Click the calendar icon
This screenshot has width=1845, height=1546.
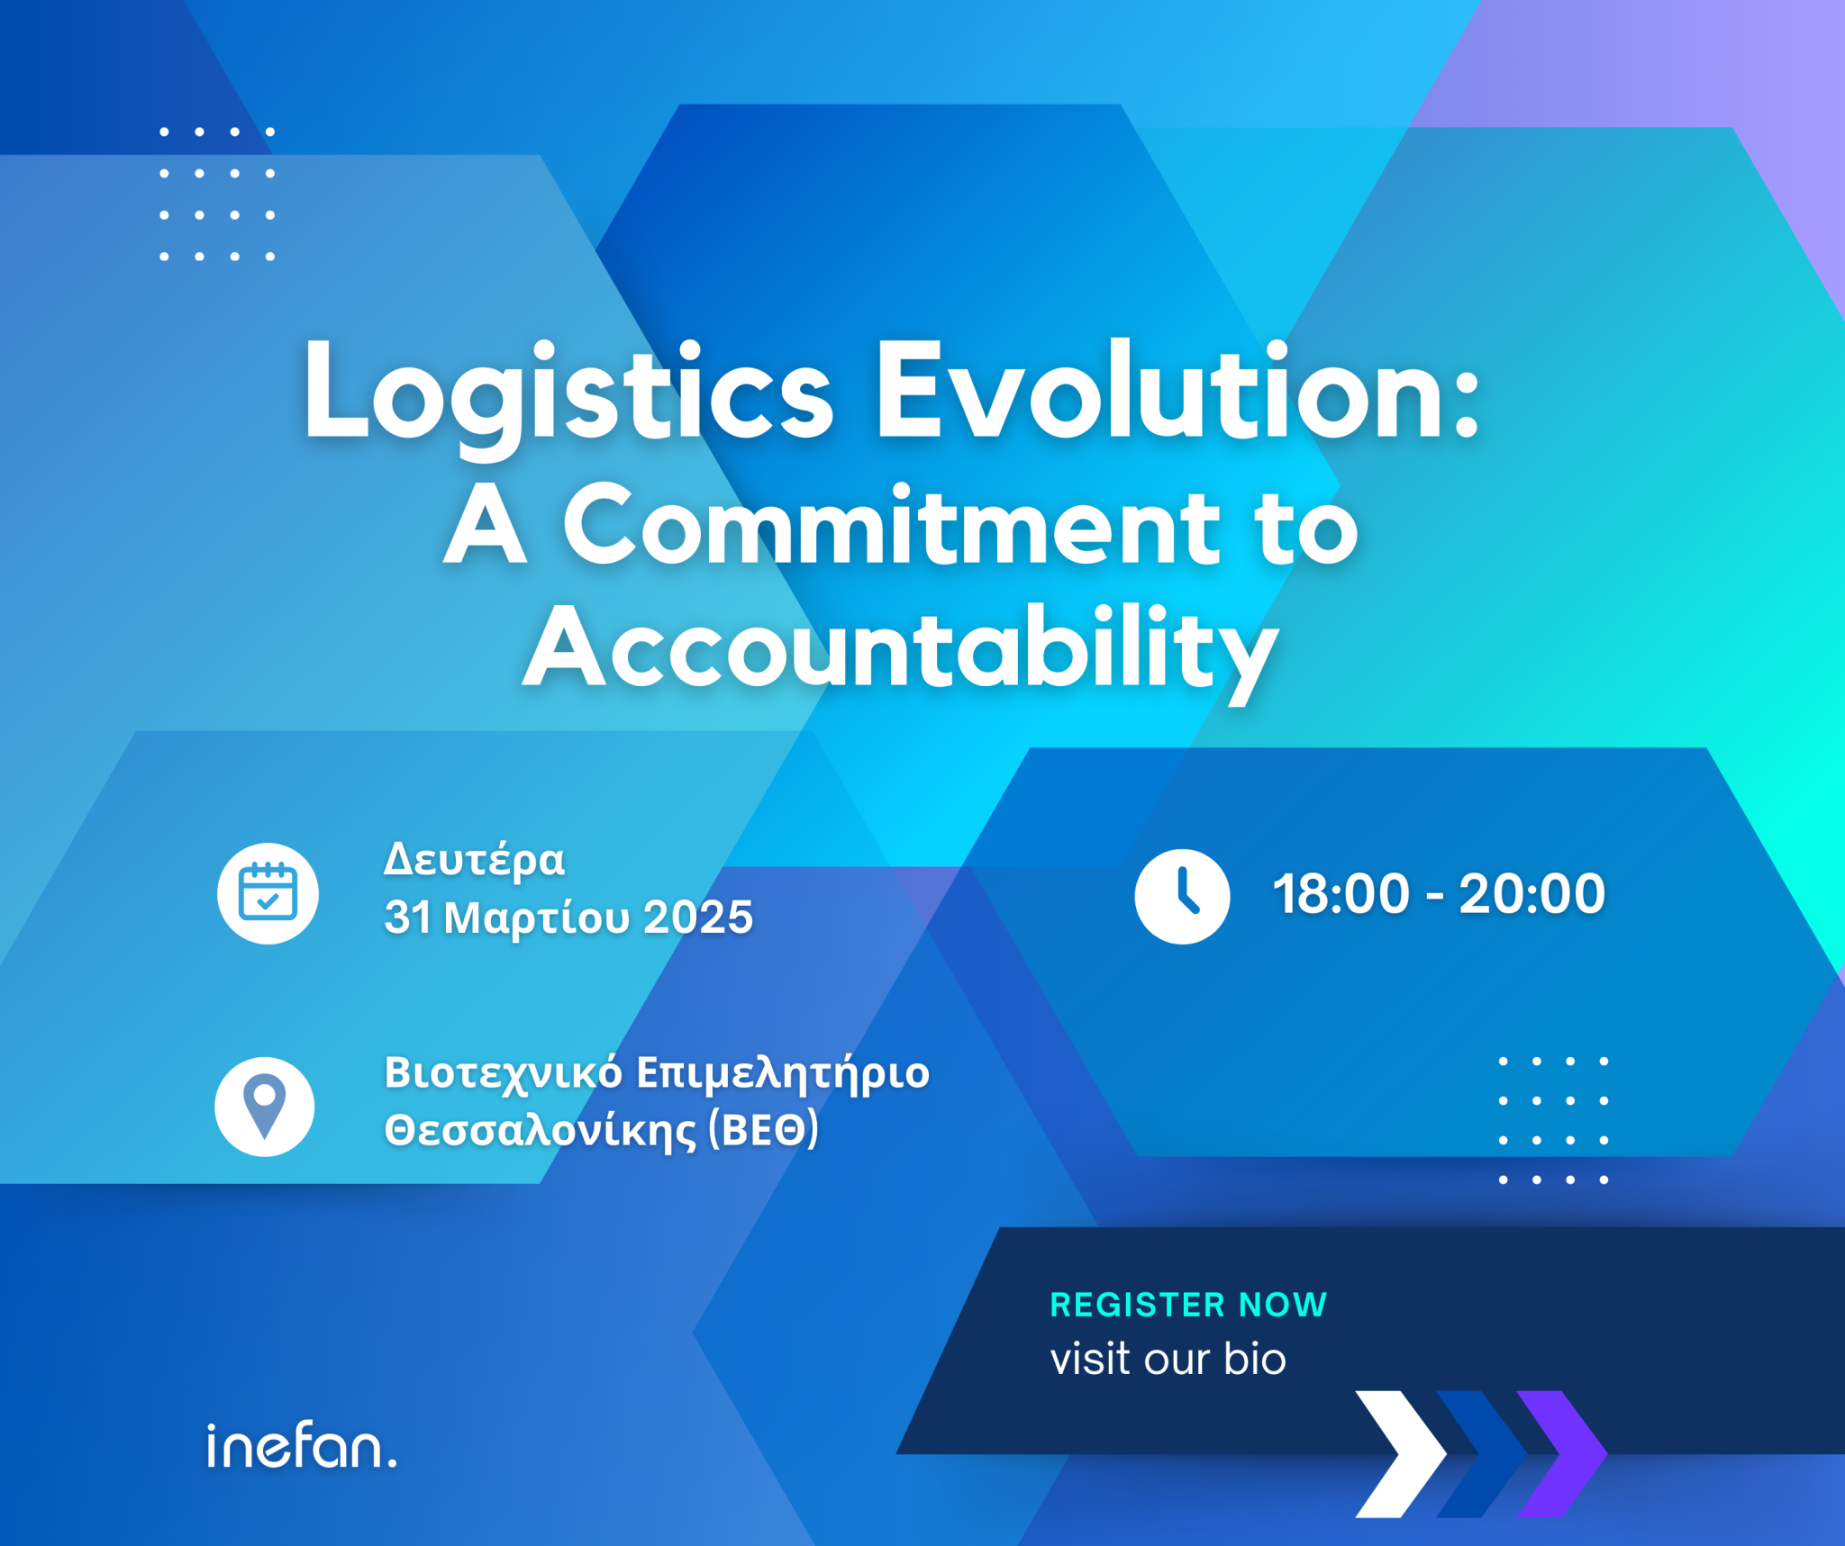[268, 893]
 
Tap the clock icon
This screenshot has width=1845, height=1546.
[1182, 896]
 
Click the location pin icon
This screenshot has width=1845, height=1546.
[265, 1107]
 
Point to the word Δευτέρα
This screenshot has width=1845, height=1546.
[475, 860]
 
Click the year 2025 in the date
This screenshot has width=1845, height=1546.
[698, 918]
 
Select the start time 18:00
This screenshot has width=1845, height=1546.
[1341, 894]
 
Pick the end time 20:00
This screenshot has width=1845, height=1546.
[1531, 894]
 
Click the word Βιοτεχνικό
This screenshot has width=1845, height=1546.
[504, 1073]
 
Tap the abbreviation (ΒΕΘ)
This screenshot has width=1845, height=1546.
[764, 1129]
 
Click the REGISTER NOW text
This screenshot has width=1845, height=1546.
[1188, 1305]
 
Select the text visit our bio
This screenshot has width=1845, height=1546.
[1168, 1359]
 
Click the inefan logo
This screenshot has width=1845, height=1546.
[302, 1445]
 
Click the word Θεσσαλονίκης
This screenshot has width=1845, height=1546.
[541, 1131]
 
